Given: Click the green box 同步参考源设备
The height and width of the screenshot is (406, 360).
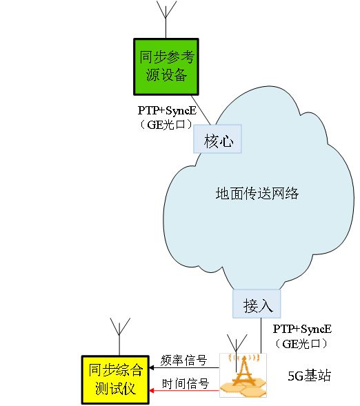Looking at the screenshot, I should click(166, 66).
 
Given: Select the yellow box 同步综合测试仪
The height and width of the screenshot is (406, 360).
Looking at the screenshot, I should click(114, 380).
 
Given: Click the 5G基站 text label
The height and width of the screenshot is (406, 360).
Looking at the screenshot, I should click(309, 376).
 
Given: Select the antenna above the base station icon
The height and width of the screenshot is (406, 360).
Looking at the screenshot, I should click(238, 343).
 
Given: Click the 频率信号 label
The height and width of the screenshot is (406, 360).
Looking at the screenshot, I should click(184, 360).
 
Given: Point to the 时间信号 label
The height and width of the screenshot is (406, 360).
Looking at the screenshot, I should click(184, 384).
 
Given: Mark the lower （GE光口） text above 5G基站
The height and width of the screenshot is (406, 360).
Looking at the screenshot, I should click(302, 343).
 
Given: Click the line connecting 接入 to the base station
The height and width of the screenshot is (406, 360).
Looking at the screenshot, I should click(261, 334).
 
